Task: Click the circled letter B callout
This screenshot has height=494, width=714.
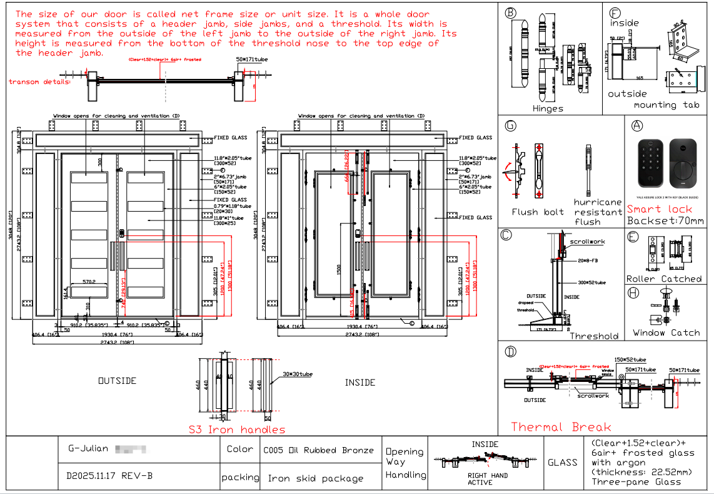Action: pyautogui.click(x=511, y=13)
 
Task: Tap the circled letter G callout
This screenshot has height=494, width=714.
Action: pyautogui.click(x=511, y=126)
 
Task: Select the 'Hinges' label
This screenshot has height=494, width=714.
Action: pyautogui.click(x=548, y=108)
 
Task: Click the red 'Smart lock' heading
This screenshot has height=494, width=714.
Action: pyautogui.click(x=659, y=209)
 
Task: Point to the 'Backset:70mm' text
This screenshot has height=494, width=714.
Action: pyautogui.click(x=665, y=220)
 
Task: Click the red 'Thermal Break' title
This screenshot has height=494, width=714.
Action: pyautogui.click(x=561, y=427)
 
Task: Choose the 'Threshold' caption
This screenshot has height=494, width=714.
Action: pyautogui.click(x=593, y=336)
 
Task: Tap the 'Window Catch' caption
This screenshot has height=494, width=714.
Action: pyautogui.click(x=666, y=332)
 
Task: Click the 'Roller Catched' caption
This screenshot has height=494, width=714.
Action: pyautogui.click(x=664, y=279)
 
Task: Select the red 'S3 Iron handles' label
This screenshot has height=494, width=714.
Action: pyautogui.click(x=237, y=430)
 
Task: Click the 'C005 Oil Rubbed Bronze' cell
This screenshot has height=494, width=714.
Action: pyautogui.click(x=318, y=450)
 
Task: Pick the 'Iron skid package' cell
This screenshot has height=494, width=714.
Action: pyautogui.click(x=316, y=478)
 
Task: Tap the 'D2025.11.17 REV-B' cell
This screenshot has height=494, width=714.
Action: pyautogui.click(x=109, y=475)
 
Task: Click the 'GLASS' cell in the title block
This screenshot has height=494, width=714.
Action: pyautogui.click(x=562, y=463)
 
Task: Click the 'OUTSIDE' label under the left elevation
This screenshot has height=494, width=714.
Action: pyautogui.click(x=117, y=381)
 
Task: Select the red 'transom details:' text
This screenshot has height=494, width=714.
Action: pyautogui.click(x=39, y=81)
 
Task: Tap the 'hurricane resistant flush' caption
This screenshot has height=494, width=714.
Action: pyautogui.click(x=597, y=212)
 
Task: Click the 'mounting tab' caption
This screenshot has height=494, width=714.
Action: pyautogui.click(x=666, y=105)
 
